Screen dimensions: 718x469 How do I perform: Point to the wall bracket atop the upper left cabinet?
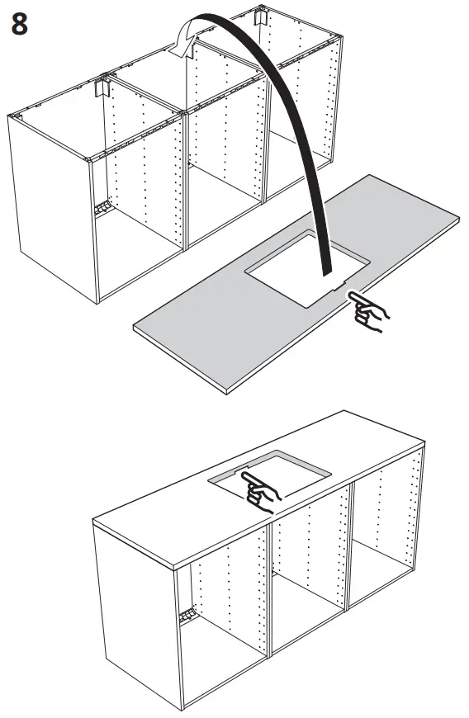[x=103, y=87]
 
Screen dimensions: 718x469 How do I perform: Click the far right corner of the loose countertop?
[x=460, y=216]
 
